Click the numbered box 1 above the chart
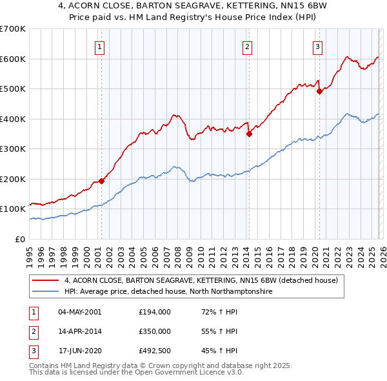coord(101,46)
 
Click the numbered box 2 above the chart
coord(248,46)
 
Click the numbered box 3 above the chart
coord(318,46)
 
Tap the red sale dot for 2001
coord(101,181)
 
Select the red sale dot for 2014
coord(249,134)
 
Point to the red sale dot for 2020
coord(319,92)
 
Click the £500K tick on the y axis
coord(13,89)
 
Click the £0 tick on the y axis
coord(21,239)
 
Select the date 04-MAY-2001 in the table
coord(79,312)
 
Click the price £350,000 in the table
coord(154,331)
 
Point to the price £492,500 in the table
coord(154,351)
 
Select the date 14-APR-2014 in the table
coord(79,331)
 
